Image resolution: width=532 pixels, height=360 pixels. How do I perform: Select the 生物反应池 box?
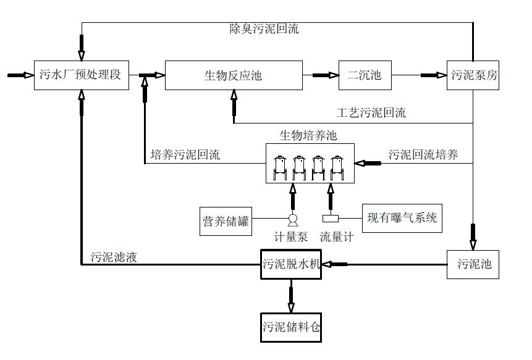[233, 75]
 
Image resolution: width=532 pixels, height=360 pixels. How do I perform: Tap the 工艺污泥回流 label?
[371, 113]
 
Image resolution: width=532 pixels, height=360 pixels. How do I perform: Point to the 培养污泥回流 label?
[185, 155]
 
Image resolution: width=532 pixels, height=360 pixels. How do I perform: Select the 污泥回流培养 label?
[424, 155]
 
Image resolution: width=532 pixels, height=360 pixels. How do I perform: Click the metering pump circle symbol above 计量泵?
[292, 219]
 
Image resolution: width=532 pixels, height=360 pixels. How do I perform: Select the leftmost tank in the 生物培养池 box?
[282, 165]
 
